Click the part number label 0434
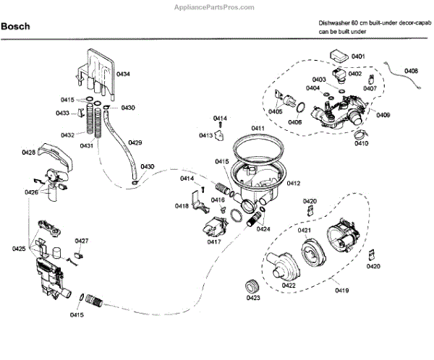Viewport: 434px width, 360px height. coord(124,74)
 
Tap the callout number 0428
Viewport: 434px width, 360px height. coord(29,152)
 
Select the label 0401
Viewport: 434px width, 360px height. coord(358,56)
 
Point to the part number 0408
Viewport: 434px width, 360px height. coord(411,71)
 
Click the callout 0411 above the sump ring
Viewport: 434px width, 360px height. coord(258,128)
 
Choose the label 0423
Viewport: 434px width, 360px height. coord(253,297)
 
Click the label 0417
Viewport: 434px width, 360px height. coord(214,241)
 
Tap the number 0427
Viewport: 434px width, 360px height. coord(82,241)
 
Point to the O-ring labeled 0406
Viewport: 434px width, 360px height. coord(297,108)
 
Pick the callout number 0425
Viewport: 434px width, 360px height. coord(19,249)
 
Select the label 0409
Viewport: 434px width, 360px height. coord(383,115)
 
